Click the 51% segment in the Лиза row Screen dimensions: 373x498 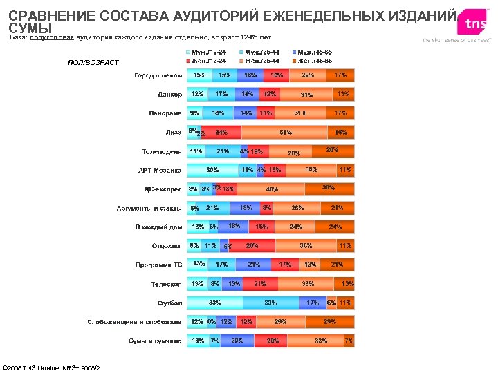tap(284, 132)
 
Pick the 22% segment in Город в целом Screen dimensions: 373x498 tap(307, 75)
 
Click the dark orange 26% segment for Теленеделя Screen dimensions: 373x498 tap(333, 151)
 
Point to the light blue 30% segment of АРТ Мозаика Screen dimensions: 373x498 tap(212, 170)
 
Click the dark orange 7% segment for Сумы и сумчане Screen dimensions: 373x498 tap(349, 341)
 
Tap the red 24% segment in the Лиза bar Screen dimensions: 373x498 tap(221, 132)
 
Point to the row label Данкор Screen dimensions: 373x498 tap(169, 95)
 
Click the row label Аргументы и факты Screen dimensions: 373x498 tap(149, 208)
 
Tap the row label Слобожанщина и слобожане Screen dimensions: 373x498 tap(134, 322)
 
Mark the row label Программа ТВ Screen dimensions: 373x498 tap(158, 265)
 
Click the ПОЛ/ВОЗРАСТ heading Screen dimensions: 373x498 tap(93, 63)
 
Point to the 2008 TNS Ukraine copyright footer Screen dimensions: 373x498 tap(52, 367)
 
